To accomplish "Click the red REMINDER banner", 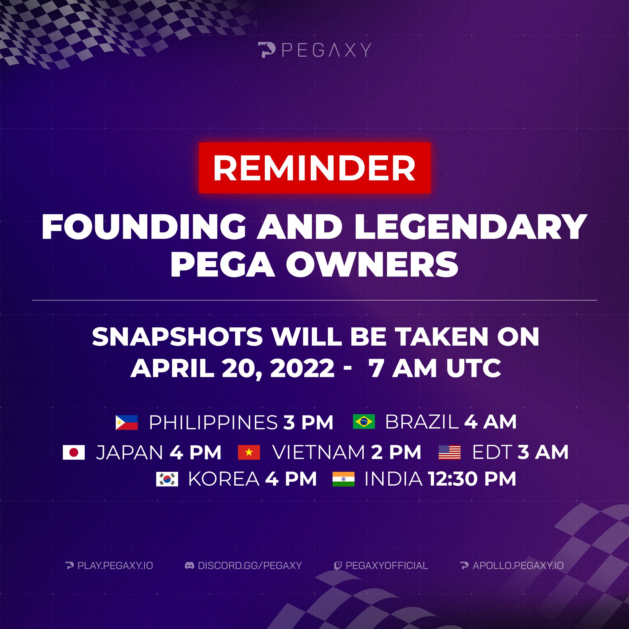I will click(314, 168).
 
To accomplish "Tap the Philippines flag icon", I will click(127, 423).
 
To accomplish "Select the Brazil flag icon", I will click(364, 422).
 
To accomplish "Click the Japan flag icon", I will click(74, 452).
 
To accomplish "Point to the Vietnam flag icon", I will click(249, 452).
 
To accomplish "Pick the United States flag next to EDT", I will click(449, 452).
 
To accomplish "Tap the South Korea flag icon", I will click(167, 479).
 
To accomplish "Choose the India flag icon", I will click(343, 479).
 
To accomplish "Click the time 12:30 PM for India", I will click(472, 479).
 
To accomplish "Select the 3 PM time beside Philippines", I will click(308, 423).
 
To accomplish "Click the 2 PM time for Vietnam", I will click(396, 452).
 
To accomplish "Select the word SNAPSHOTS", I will click(178, 337).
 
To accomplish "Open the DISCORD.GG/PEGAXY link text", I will click(250, 565).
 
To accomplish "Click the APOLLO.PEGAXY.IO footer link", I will click(518, 565).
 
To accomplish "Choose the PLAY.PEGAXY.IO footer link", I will click(115, 565).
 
